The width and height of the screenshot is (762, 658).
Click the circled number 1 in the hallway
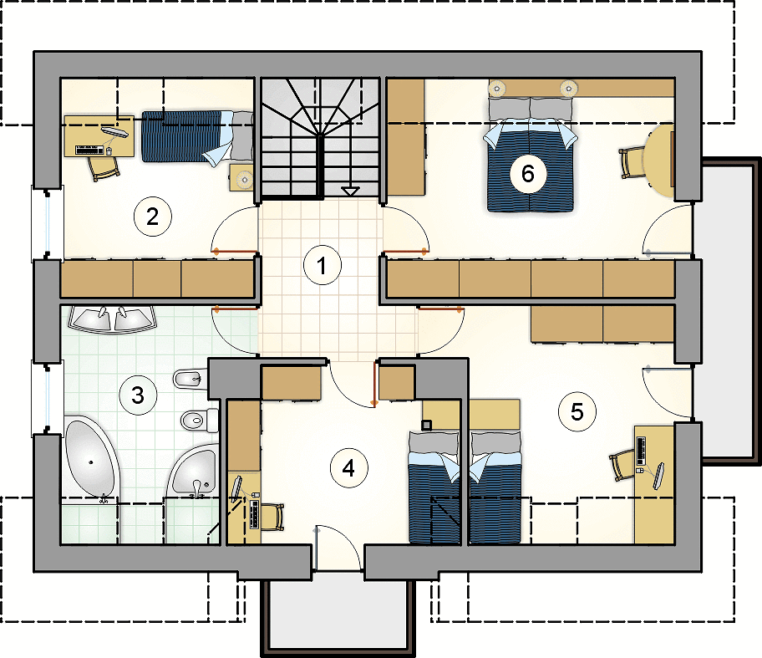(x=322, y=266)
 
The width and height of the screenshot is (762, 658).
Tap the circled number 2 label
(x=153, y=217)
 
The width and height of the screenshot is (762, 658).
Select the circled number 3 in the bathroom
(x=138, y=395)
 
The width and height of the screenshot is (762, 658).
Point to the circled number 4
(x=348, y=468)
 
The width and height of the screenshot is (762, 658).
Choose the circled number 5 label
(x=577, y=412)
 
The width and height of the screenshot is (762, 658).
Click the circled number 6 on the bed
(x=528, y=174)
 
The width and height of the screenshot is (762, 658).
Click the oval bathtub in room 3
(x=91, y=458)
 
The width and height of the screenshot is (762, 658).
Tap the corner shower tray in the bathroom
(x=193, y=471)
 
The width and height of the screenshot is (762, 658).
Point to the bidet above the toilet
(x=191, y=379)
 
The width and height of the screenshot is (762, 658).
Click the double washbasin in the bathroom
(x=112, y=319)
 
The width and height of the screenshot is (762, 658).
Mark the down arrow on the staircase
(x=350, y=191)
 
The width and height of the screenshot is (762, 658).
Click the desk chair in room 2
(x=103, y=168)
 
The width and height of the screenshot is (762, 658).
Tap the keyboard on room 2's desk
(x=90, y=150)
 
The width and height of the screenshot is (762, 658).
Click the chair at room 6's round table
(x=632, y=163)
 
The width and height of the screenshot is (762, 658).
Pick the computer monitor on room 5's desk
(x=659, y=476)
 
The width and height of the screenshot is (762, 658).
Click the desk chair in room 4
(x=272, y=517)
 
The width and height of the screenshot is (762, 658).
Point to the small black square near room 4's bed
(x=426, y=426)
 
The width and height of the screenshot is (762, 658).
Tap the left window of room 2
(x=48, y=222)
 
